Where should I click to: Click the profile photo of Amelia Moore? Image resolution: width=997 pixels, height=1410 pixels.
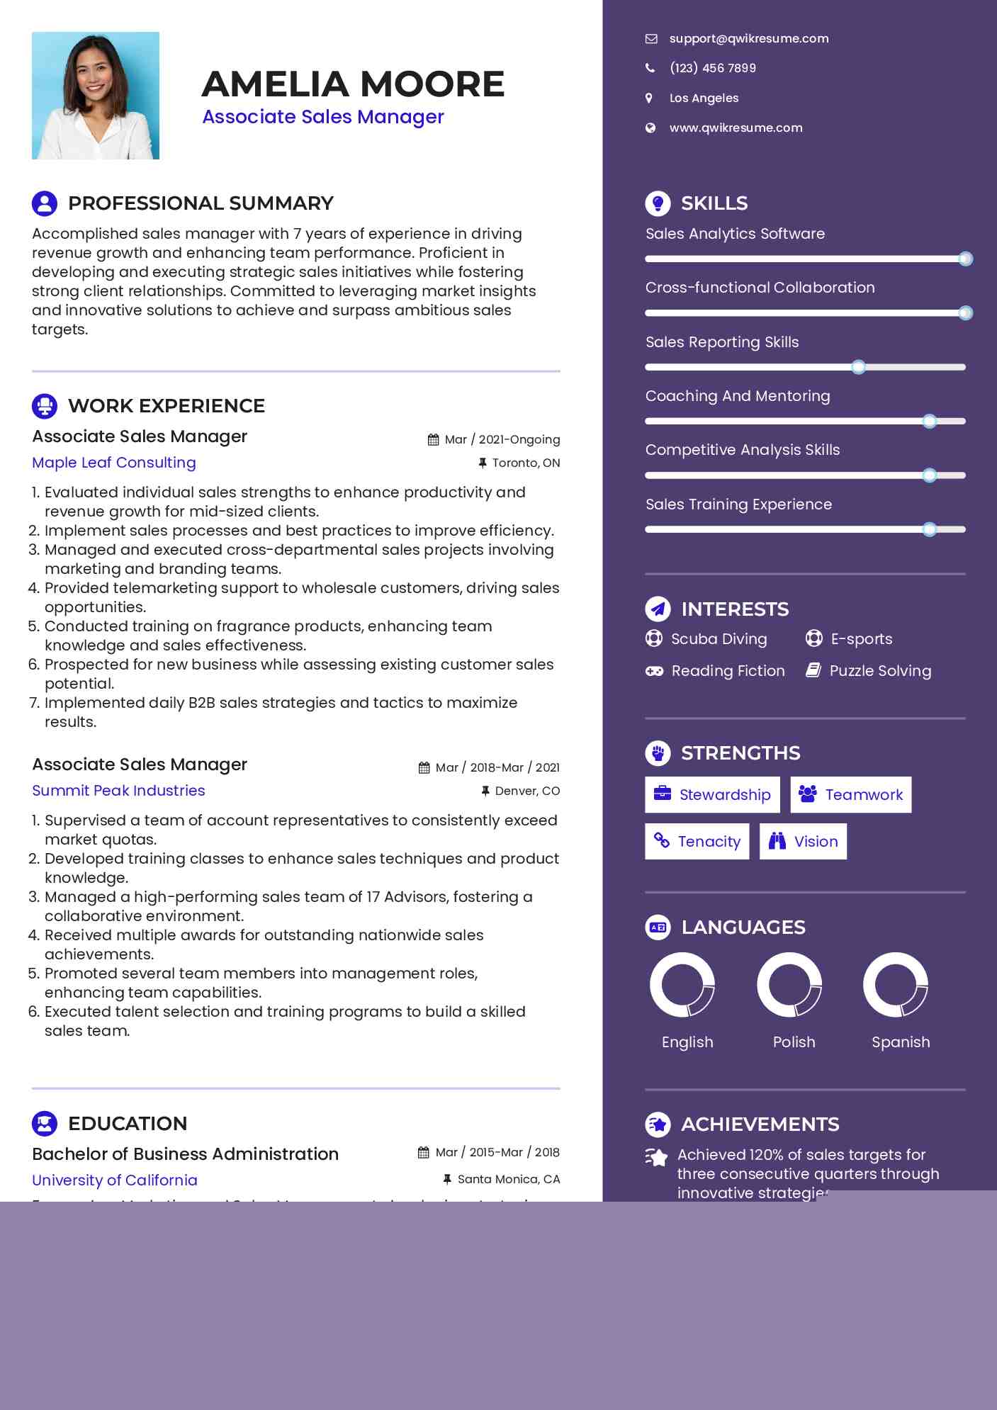click(x=96, y=96)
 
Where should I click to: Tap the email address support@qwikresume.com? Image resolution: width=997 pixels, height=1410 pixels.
click(x=748, y=38)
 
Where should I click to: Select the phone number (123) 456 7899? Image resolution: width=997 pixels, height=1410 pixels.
click(x=712, y=68)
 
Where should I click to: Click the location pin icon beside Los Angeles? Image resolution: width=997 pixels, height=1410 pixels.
click(x=649, y=98)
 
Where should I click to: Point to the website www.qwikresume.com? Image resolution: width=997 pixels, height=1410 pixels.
click(x=736, y=128)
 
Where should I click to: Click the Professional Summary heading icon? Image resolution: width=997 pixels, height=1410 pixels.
click(x=45, y=203)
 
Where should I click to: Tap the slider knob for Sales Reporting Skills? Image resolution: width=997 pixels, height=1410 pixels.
click(x=858, y=367)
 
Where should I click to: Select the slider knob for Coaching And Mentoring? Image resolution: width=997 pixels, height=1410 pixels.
click(x=930, y=422)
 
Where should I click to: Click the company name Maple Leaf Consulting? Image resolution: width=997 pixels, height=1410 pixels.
click(x=114, y=463)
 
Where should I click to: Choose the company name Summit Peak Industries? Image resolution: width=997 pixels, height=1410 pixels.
click(x=118, y=791)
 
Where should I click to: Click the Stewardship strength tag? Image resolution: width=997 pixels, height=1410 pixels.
click(x=712, y=795)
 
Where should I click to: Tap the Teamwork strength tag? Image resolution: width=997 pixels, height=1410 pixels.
click(x=850, y=795)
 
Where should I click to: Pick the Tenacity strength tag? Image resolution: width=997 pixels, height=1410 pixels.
click(x=697, y=842)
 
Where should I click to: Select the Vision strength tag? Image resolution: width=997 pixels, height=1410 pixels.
click(x=803, y=842)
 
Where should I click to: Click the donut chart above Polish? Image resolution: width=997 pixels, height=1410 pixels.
click(x=789, y=984)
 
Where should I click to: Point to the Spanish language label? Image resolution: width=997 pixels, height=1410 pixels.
click(x=901, y=1042)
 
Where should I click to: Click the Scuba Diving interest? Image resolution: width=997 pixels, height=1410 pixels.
click(x=719, y=639)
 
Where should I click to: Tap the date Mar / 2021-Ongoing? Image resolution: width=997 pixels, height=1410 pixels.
click(x=502, y=439)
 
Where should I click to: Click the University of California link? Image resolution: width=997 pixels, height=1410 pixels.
click(x=115, y=1180)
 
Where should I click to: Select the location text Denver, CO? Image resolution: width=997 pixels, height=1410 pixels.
click(x=527, y=791)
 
